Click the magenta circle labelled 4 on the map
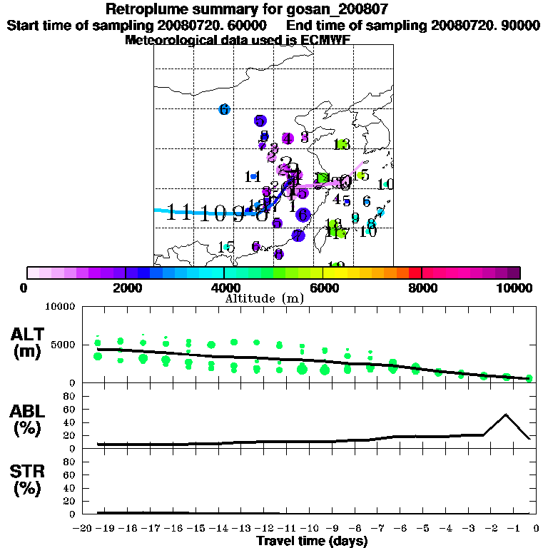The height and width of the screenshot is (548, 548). pyautogui.click(x=288, y=138)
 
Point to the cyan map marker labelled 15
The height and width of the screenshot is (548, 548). pyautogui.click(x=226, y=247)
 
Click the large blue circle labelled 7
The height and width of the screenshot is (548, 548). pyautogui.click(x=298, y=235)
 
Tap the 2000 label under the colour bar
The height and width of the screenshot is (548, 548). pyautogui.click(x=126, y=288)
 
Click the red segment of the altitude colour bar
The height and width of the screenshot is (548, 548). pyautogui.click(x=415, y=273)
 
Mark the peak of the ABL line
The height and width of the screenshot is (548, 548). pyautogui.click(x=506, y=414)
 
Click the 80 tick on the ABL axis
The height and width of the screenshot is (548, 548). pyautogui.click(x=71, y=395)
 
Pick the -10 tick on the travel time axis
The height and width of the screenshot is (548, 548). pyautogui.click(x=309, y=529)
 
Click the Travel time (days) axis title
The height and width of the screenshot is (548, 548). pyautogui.click(x=313, y=541)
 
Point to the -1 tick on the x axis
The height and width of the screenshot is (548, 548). pyautogui.click(x=514, y=529)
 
